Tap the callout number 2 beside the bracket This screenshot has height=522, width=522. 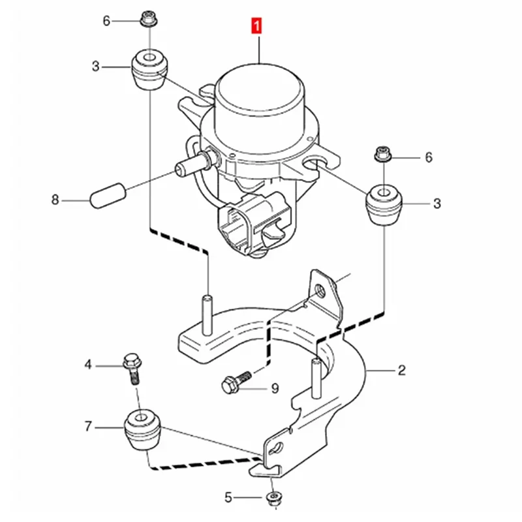pyautogui.click(x=402, y=371)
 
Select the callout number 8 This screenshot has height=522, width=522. pyautogui.click(x=55, y=198)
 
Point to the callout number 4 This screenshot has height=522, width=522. pyautogui.click(x=88, y=366)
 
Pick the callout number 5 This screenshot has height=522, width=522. pyautogui.click(x=228, y=499)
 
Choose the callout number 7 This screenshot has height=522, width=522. pyautogui.click(x=88, y=427)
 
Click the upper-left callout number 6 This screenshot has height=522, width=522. pyautogui.click(x=106, y=20)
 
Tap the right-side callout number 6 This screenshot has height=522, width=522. pyautogui.click(x=428, y=157)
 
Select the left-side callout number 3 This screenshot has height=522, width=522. pyautogui.click(x=96, y=66)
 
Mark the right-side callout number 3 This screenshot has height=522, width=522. pyautogui.click(x=437, y=204)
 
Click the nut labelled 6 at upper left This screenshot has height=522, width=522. pyautogui.click(x=146, y=21)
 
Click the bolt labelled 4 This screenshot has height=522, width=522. pyautogui.click(x=130, y=367)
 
